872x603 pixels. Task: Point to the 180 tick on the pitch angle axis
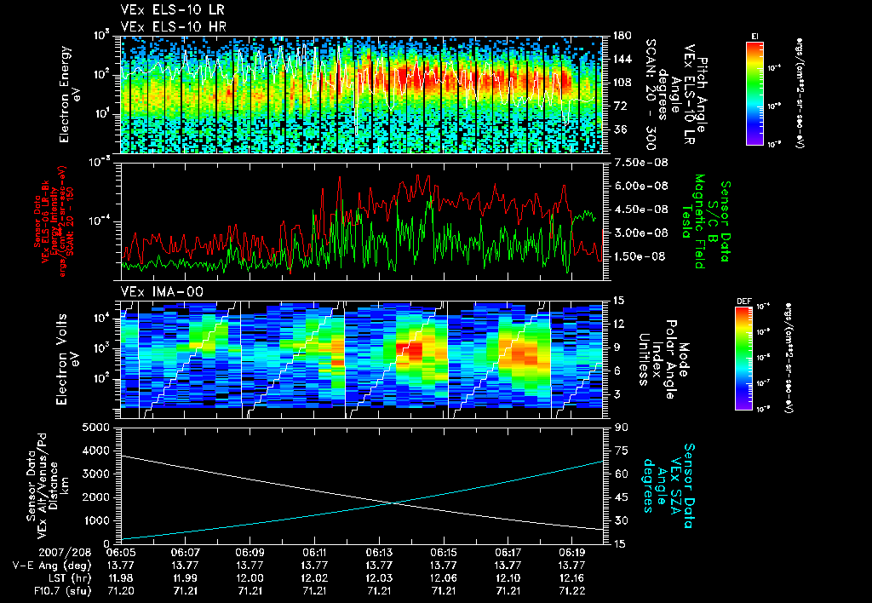point(614,36)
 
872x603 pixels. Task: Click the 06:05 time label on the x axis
point(122,551)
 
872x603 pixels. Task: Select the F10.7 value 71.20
point(122,589)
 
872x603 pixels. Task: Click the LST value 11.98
point(122,577)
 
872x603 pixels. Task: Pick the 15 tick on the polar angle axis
point(611,301)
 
